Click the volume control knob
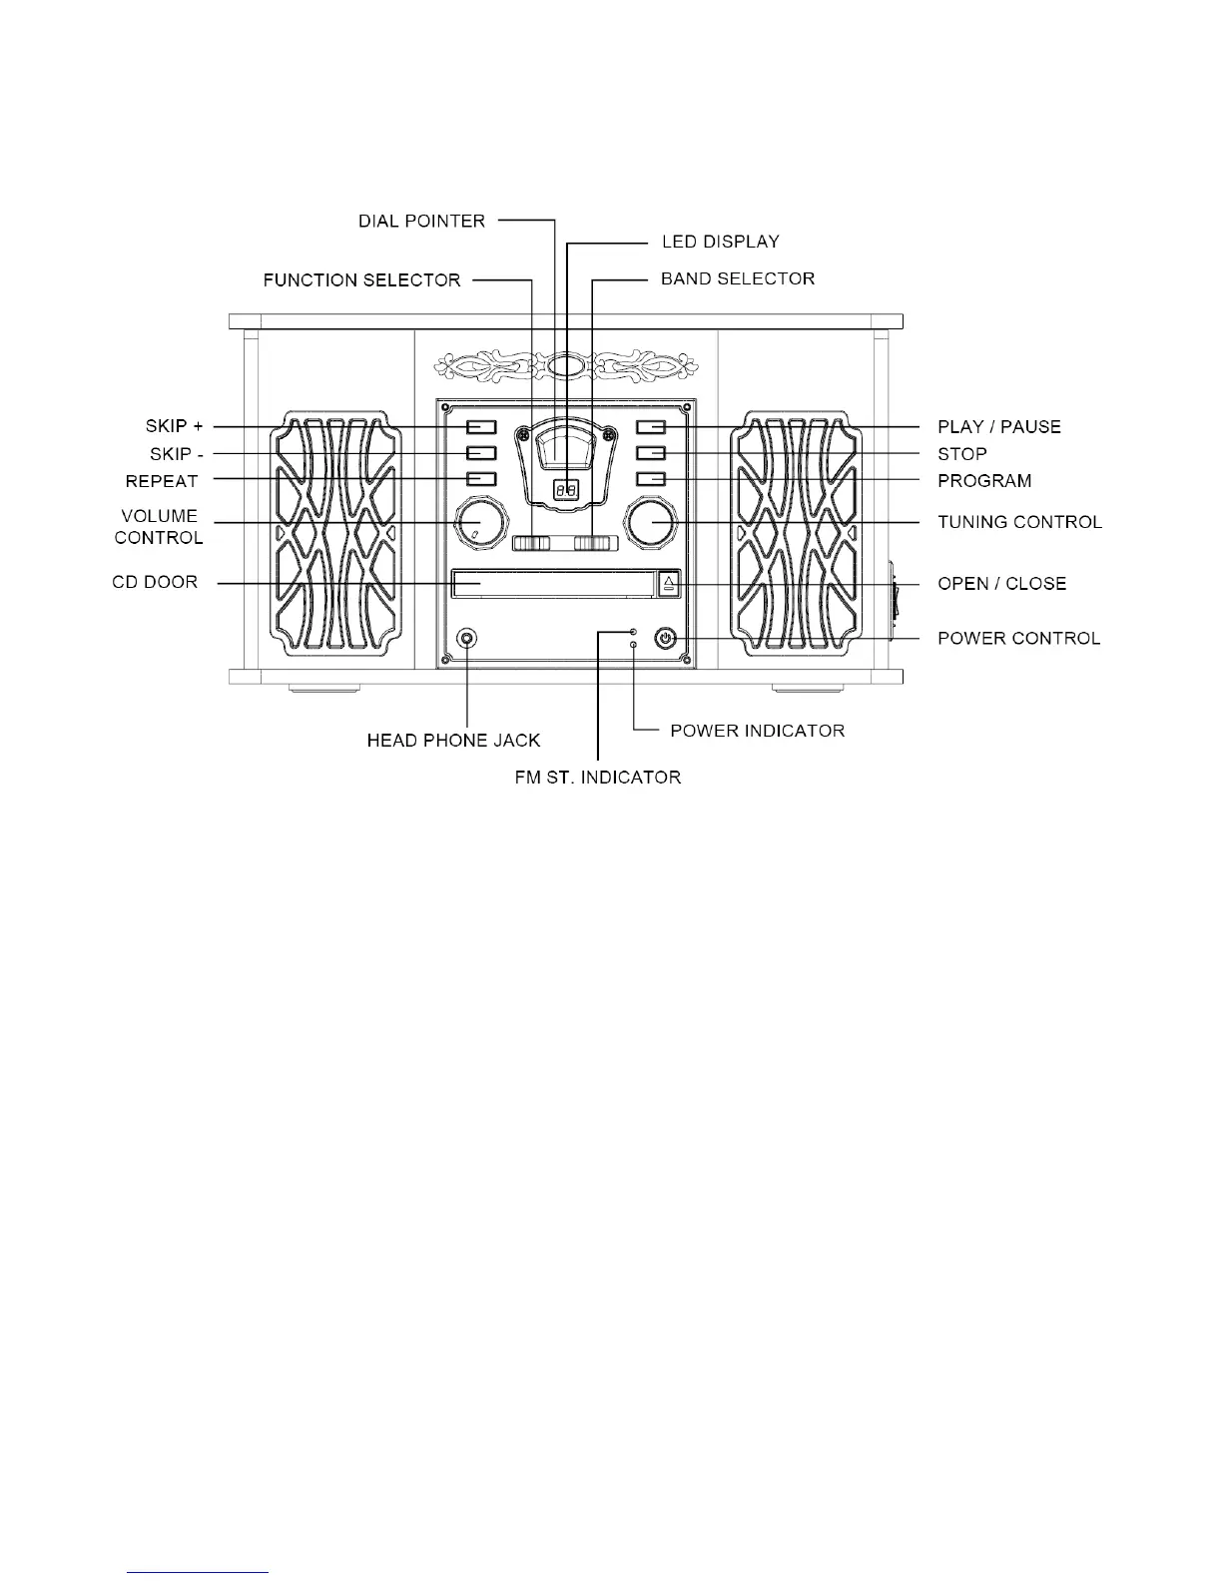click(x=481, y=523)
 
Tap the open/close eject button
click(x=669, y=583)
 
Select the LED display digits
click(x=566, y=490)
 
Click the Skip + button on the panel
click(x=481, y=427)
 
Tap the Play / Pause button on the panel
click(x=651, y=427)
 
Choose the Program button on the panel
click(x=651, y=480)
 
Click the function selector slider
click(x=531, y=544)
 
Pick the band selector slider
click(x=597, y=544)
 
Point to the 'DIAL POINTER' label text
click(x=421, y=221)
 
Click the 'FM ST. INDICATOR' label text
click(x=597, y=777)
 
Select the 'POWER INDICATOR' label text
click(x=757, y=731)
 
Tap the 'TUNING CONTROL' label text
click(x=1019, y=522)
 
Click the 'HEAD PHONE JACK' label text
click(x=453, y=741)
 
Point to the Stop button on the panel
click(x=651, y=454)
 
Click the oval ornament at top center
click(x=566, y=366)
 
